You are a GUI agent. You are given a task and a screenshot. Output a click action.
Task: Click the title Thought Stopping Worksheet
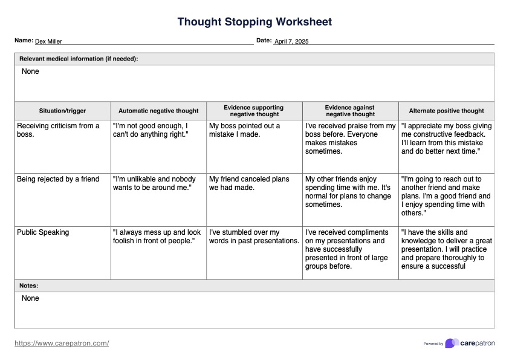point(254,22)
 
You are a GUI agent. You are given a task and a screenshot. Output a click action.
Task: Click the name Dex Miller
point(48,42)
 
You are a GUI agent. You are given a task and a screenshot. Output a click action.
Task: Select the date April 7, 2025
point(291,42)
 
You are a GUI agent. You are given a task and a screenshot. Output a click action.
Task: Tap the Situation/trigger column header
point(62,111)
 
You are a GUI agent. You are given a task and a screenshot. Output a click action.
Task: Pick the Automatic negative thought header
point(158,111)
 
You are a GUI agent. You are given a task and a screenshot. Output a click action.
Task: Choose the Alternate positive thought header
point(446,111)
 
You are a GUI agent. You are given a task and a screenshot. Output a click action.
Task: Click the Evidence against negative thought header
point(350,111)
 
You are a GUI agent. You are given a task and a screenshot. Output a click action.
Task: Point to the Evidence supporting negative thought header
point(254,111)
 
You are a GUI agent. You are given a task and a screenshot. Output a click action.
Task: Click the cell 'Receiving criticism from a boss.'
point(58,130)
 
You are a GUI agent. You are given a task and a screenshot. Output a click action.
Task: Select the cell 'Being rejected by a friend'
point(58,179)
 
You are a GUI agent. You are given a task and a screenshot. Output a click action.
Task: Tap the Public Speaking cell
point(43,232)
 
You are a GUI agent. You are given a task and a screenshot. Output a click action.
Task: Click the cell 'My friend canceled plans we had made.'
point(249,183)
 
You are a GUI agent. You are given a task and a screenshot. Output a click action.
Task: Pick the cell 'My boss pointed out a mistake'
point(244,130)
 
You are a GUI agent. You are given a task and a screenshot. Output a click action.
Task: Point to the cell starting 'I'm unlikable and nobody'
point(154,183)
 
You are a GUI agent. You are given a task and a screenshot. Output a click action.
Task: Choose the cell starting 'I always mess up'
point(157,237)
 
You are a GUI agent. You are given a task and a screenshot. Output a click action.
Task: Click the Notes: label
point(29,286)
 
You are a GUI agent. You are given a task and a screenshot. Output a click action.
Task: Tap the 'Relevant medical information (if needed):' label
point(79,59)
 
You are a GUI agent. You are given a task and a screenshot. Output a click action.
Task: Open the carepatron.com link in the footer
point(62,343)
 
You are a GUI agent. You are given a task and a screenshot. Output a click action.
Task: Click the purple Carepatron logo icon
point(452,343)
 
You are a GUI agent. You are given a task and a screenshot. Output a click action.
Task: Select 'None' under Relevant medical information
point(30,71)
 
